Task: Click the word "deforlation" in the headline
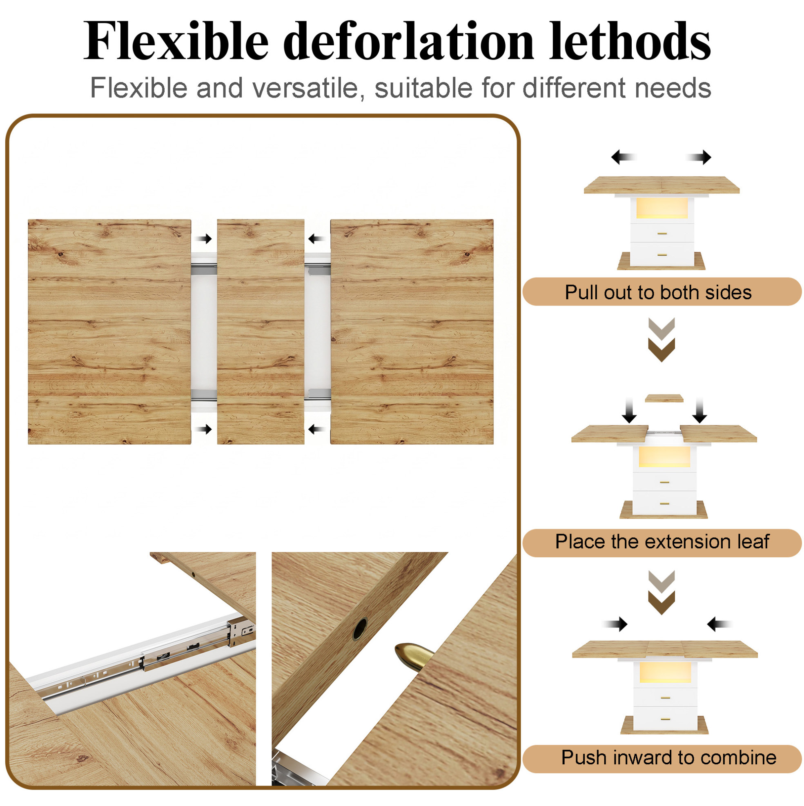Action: (x=408, y=41)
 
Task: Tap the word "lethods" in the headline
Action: (x=630, y=41)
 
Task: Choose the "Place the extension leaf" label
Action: (x=662, y=541)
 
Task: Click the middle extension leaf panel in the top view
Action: (x=261, y=332)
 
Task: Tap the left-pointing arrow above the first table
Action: (x=624, y=157)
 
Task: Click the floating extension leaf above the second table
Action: (x=664, y=399)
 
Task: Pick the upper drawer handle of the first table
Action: (x=662, y=233)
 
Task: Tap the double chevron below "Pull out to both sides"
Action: (x=661, y=339)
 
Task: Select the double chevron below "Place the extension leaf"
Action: (x=661, y=592)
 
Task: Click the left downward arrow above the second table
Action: (x=629, y=410)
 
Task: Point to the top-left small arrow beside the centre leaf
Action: (x=204, y=239)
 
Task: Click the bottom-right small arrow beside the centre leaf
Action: (x=317, y=429)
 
